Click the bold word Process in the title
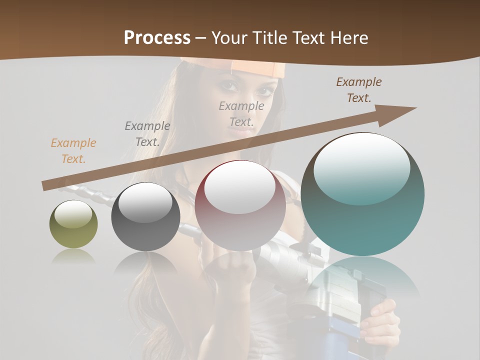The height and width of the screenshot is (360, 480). tap(157, 37)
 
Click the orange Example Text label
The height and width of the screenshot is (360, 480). tap(73, 151)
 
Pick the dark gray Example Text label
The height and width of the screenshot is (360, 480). tap(147, 134)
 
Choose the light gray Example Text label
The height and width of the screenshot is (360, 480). tap(241, 113)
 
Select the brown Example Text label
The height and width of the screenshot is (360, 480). tap(359, 90)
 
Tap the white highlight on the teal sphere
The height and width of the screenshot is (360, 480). tap(361, 167)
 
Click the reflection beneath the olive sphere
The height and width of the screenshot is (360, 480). tap(73, 256)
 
